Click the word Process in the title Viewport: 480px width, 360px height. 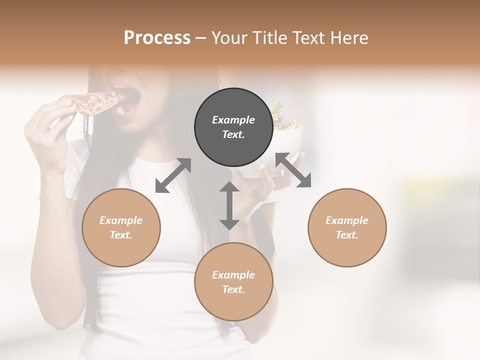[157, 38]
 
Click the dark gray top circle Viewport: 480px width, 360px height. [233, 127]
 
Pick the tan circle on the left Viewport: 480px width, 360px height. [121, 227]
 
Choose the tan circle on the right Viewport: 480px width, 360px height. [347, 227]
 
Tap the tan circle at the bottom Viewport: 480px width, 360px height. [233, 282]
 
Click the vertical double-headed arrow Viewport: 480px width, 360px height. [229, 205]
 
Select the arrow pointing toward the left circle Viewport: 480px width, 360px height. [173, 175]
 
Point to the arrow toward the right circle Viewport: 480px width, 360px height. [293, 170]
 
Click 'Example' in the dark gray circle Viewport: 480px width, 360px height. [233, 120]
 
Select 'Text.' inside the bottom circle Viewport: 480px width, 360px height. [233, 289]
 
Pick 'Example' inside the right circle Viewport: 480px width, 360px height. [347, 220]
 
